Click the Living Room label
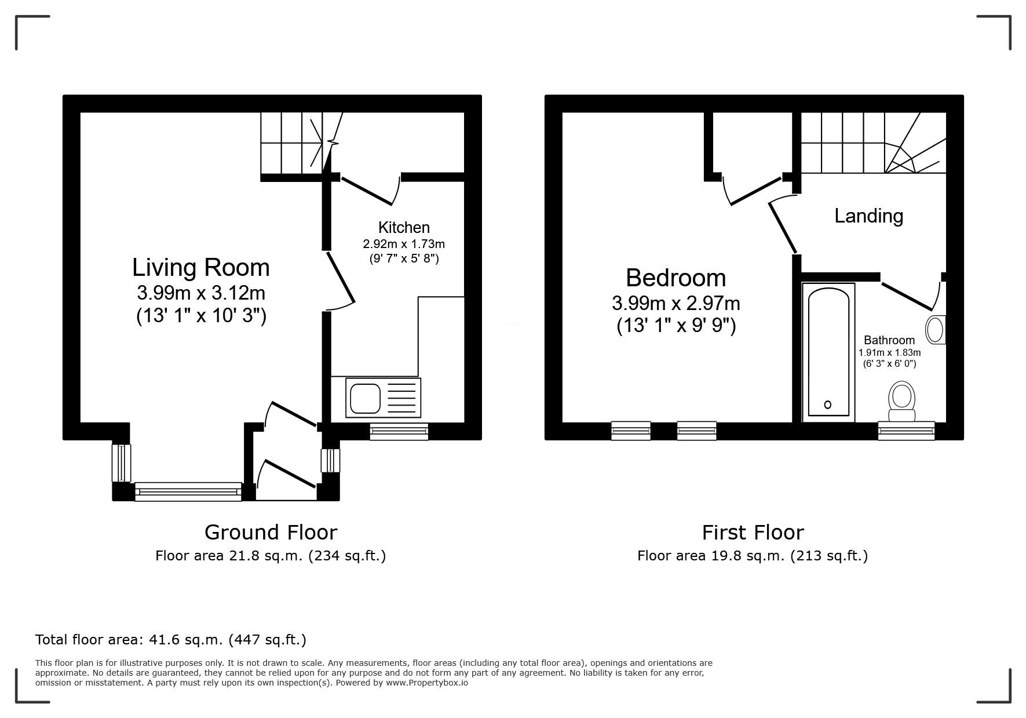(200, 268)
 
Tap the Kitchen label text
(404, 227)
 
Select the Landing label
(868, 216)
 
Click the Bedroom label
(676, 278)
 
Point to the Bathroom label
(889, 340)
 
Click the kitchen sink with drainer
(383, 398)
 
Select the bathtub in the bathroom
(828, 352)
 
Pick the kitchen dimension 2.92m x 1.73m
(404, 244)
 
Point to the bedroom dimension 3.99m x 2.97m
(676, 303)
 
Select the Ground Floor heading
(271, 532)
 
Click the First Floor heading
(753, 532)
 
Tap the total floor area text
(171, 640)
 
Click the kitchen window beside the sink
(399, 431)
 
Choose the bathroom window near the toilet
(906, 431)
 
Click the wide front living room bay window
(188, 491)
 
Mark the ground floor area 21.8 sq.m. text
(271, 556)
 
